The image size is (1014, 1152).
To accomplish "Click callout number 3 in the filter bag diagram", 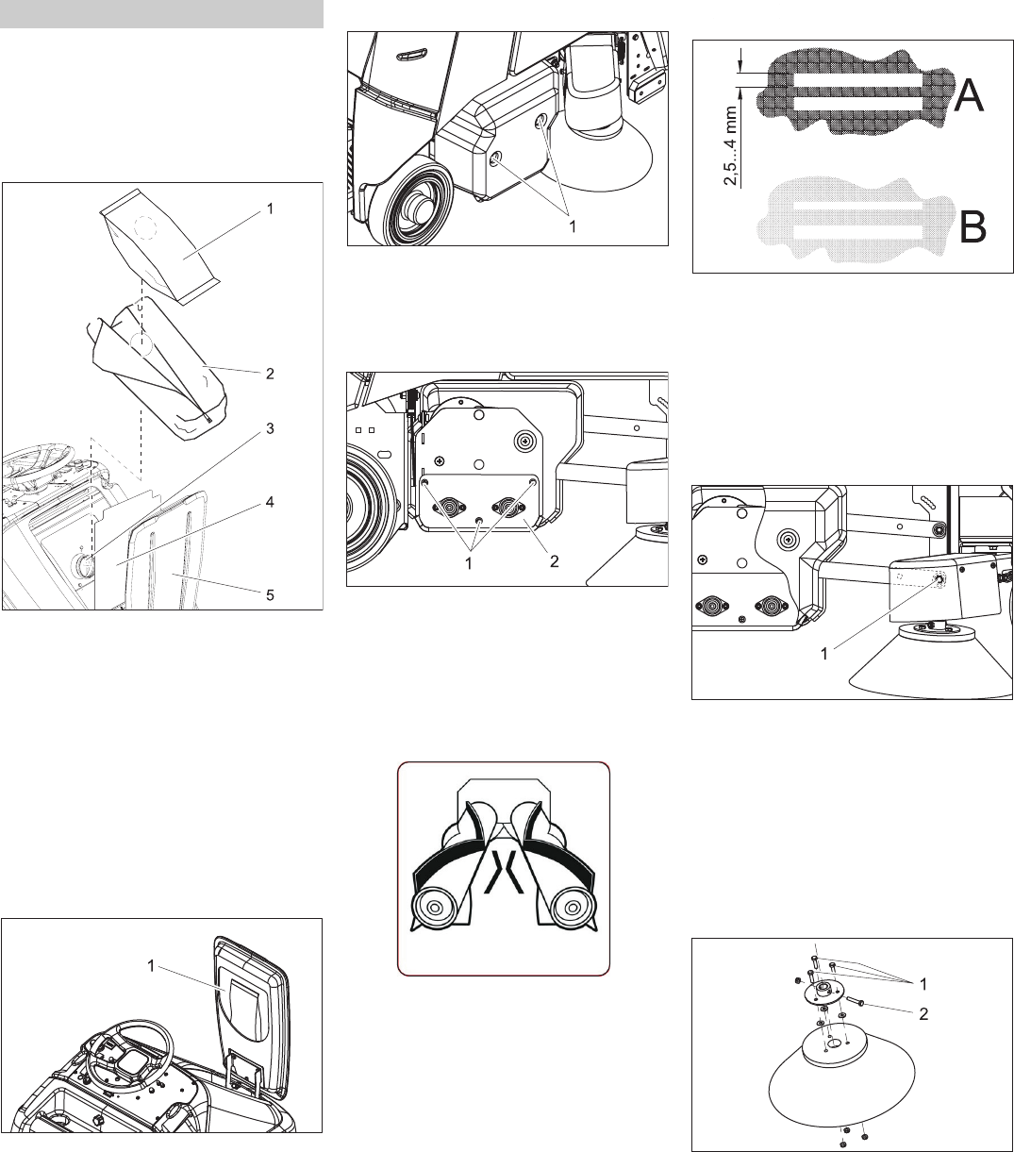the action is (x=270, y=428).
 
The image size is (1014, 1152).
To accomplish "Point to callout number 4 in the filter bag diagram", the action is (x=270, y=503).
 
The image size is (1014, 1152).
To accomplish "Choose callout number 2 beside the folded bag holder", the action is (x=270, y=374).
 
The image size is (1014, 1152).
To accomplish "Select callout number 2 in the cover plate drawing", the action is (x=556, y=560).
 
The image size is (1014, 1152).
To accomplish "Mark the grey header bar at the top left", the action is (x=161, y=14).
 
